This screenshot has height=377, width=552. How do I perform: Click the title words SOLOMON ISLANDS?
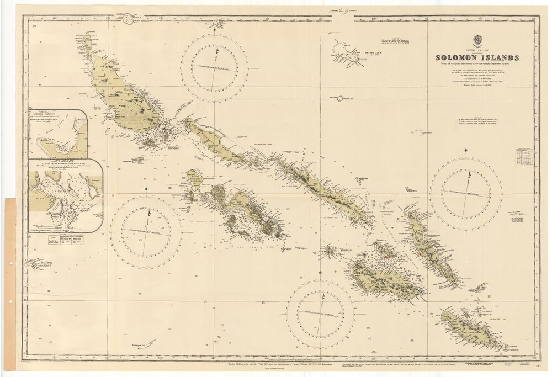(477, 57)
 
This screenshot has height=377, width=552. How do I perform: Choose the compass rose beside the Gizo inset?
(146, 232)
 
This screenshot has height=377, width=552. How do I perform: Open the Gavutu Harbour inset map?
(58, 134)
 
